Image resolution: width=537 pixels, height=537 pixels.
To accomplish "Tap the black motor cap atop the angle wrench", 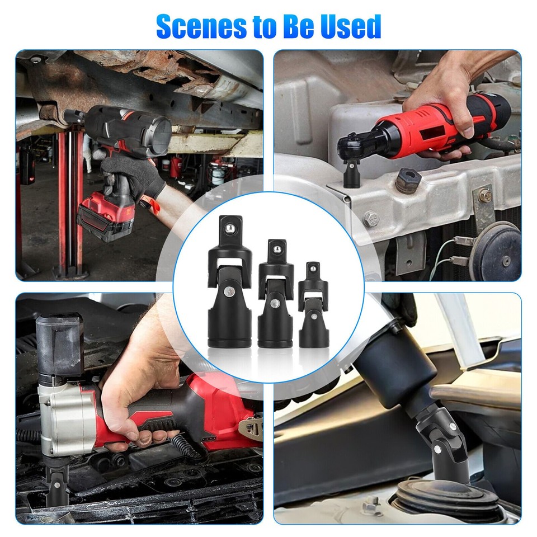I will point(59,336).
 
